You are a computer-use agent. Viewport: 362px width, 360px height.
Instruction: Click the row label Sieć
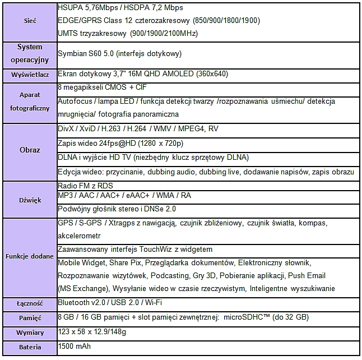coord(30,21)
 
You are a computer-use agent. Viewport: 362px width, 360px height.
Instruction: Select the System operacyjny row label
coord(30,53)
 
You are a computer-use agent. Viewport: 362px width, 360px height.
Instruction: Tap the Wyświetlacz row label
coord(30,75)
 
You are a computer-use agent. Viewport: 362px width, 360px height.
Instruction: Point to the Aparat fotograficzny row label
coord(30,101)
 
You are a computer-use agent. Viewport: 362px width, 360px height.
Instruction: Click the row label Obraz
coord(30,150)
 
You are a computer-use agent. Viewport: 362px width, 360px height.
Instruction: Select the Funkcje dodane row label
coord(30,257)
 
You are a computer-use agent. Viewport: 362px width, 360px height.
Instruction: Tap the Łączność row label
coord(30,303)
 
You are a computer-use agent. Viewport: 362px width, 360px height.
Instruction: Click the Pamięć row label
coord(30,318)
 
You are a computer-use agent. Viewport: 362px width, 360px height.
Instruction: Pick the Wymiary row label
coord(30,333)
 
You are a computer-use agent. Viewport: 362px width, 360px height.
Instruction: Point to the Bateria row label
coord(30,347)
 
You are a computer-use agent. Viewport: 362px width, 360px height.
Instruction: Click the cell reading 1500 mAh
coord(75,347)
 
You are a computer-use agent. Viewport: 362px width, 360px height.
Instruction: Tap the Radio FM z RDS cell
coord(85,186)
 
